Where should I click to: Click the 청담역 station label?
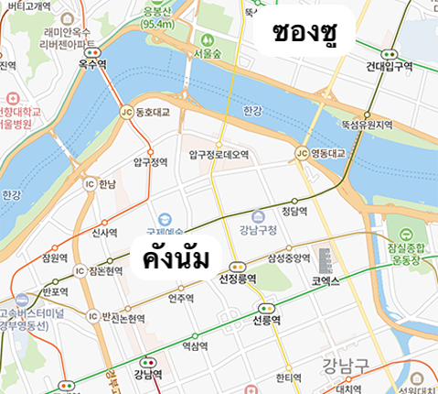pyautogui.click(x=293, y=211)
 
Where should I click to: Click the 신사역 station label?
pyautogui.click(x=106, y=233)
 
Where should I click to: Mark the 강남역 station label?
pyautogui.click(x=146, y=374)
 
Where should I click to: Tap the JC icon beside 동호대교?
pyautogui.click(x=126, y=113)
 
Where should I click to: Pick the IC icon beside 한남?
pyautogui.click(x=90, y=184)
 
